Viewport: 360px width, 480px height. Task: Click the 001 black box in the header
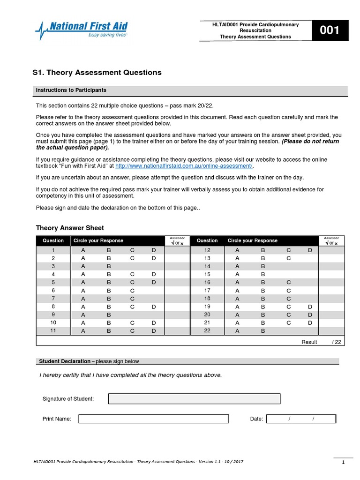pyautogui.click(x=330, y=31)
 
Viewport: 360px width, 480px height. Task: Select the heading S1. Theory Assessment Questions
pyautogui.click(x=97, y=73)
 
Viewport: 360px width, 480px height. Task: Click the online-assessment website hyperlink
pyautogui.click(x=184, y=166)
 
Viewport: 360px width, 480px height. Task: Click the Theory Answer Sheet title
pyautogui.click(x=70, y=228)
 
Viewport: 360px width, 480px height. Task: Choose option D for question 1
pyautogui.click(x=154, y=250)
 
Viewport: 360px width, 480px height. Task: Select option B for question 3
pyautogui.click(x=109, y=266)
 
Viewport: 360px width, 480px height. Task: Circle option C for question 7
pyautogui.click(x=133, y=299)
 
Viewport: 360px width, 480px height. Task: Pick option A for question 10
pyautogui.click(x=83, y=323)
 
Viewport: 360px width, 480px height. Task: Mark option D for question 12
pyautogui.click(x=310, y=250)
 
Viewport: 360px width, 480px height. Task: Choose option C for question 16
pyautogui.click(x=289, y=283)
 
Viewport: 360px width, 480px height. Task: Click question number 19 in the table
pyautogui.click(x=207, y=307)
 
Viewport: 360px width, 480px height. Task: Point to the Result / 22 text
pyautogui.click(x=322, y=342)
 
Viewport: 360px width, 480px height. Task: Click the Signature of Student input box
pyautogui.click(x=194, y=399)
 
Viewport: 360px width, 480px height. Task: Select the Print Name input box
pyautogui.click(x=153, y=419)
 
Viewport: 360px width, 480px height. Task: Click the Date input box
pyautogui.click(x=300, y=419)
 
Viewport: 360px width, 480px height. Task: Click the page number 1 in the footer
pyautogui.click(x=343, y=463)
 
